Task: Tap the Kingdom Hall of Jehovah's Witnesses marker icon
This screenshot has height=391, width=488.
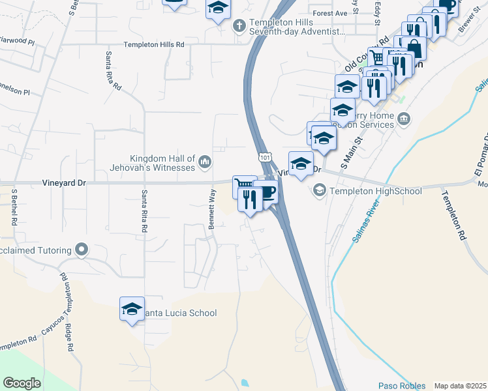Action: point(205,161)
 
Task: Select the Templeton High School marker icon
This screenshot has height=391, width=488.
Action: point(320,190)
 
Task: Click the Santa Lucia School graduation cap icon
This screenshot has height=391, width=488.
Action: point(132,309)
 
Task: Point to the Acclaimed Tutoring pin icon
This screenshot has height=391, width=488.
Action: point(82,249)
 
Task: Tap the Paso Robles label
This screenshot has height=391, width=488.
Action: point(401,386)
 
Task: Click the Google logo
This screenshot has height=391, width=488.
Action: point(22,383)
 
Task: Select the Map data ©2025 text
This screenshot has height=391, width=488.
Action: point(460,386)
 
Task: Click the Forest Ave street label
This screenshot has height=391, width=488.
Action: point(330,13)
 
